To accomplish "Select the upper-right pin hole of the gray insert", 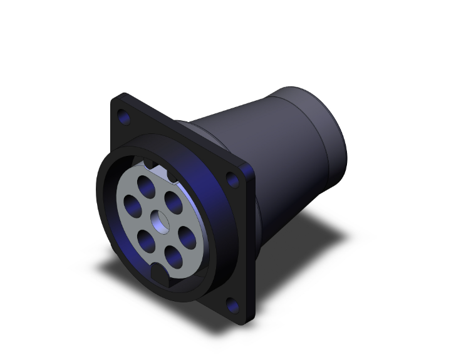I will tap(173, 200).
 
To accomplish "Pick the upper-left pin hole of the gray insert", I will tap(132, 204).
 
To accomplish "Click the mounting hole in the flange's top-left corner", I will tap(123, 116).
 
